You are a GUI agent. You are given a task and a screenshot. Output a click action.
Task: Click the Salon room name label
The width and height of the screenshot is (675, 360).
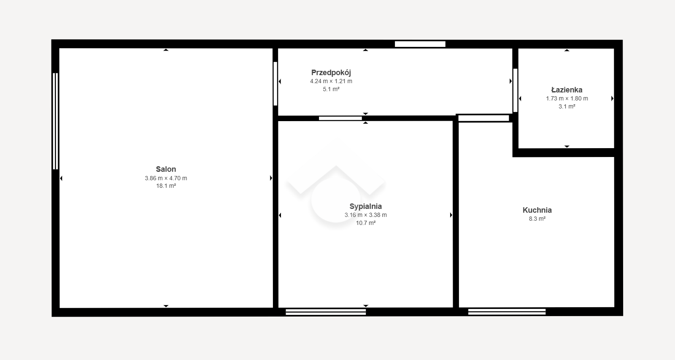(166, 169)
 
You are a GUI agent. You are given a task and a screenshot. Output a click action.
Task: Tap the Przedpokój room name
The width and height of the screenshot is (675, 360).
(331, 73)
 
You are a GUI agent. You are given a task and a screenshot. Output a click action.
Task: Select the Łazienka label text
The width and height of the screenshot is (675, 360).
(567, 90)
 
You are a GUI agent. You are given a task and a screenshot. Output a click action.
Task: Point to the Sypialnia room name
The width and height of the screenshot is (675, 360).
(365, 206)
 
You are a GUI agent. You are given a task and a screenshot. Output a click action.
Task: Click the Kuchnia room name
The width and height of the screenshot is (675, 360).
(537, 210)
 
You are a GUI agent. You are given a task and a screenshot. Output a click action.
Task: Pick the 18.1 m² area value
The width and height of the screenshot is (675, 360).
(166, 186)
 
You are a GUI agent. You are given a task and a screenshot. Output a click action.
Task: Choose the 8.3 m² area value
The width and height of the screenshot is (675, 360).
(537, 219)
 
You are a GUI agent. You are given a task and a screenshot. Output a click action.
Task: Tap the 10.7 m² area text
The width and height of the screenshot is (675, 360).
(365, 223)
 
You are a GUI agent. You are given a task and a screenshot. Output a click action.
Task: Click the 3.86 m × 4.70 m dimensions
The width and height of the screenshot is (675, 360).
(166, 178)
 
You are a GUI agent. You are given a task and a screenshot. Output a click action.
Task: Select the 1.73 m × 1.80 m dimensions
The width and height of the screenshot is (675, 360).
(567, 99)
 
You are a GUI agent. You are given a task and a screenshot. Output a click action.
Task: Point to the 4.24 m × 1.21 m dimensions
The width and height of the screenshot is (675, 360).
(331, 81)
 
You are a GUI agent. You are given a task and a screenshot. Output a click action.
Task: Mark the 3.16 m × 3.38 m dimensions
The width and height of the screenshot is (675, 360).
(365, 215)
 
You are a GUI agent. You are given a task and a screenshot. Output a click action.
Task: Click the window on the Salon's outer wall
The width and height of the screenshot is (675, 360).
(55, 121)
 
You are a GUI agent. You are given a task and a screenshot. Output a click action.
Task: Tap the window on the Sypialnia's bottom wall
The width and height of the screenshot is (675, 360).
(326, 312)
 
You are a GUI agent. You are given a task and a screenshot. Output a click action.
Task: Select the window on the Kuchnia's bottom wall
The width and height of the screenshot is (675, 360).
(507, 312)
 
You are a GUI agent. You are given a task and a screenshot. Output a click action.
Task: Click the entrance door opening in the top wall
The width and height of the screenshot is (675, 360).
(420, 44)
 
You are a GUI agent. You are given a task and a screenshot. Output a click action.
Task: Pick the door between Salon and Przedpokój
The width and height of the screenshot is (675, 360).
(275, 84)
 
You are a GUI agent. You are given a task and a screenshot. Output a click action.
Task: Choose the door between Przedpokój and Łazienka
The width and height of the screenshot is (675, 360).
(515, 90)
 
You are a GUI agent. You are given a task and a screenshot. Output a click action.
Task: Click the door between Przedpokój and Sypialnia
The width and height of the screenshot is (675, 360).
(340, 119)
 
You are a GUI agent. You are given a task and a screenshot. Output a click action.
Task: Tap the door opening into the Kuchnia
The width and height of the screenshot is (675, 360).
(483, 118)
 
